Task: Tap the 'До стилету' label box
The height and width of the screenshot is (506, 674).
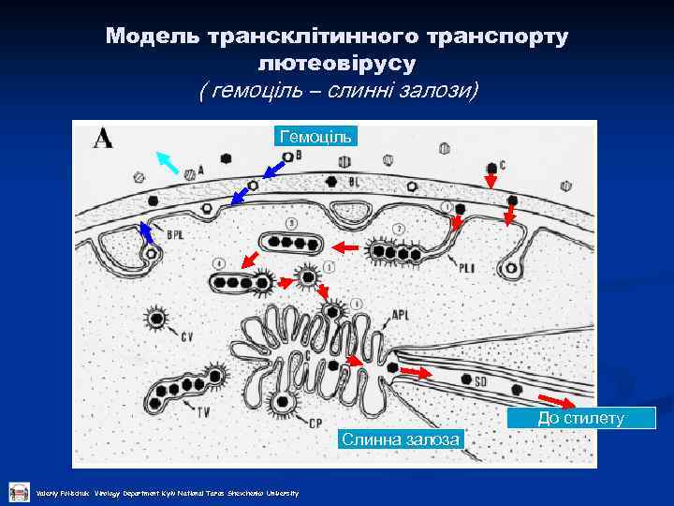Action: (x=581, y=418)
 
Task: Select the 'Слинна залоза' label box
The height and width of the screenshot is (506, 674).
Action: (x=401, y=439)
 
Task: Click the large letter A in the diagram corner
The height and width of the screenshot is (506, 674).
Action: (x=103, y=140)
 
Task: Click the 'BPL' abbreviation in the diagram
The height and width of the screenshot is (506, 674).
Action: (x=175, y=234)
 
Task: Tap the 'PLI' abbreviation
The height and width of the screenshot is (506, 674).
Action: (x=467, y=268)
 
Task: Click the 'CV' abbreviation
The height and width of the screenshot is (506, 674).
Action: (x=187, y=336)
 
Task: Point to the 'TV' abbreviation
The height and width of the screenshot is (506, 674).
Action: (x=203, y=409)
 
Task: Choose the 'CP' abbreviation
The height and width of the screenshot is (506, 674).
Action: (x=315, y=423)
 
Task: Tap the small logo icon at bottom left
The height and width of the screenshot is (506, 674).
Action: (x=19, y=492)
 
